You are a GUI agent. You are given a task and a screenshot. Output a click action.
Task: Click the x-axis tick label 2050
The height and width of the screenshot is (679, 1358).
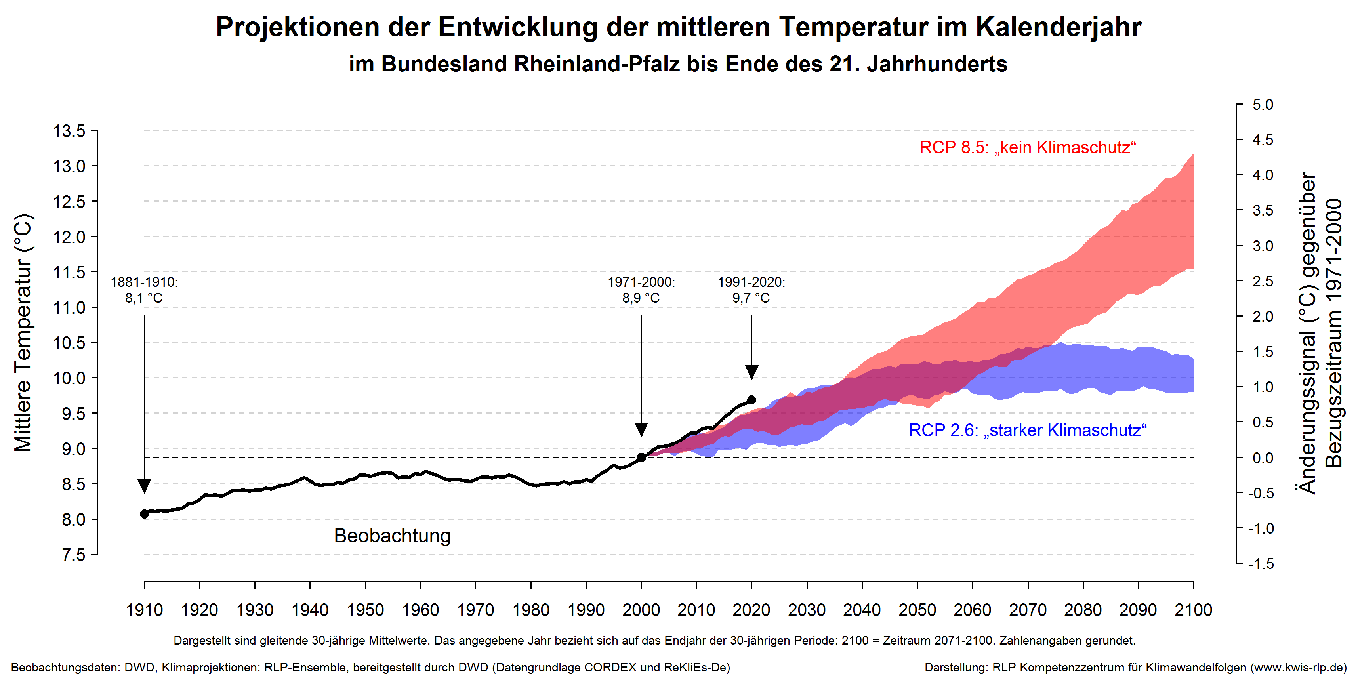917,610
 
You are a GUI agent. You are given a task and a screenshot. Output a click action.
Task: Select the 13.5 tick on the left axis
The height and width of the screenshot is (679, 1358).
69,131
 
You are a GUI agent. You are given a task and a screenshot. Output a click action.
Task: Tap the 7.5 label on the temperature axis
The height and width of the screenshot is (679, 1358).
73,555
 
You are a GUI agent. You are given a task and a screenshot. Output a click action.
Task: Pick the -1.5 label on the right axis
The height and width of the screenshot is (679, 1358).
1261,564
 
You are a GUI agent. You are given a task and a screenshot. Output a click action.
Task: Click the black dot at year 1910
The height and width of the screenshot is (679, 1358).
145,513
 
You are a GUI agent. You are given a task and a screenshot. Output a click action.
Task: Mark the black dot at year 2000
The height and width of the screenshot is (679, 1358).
642,457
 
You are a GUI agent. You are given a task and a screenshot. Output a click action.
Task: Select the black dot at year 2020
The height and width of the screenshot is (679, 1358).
752,400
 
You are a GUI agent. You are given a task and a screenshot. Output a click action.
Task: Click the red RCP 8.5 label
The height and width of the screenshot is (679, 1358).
1028,148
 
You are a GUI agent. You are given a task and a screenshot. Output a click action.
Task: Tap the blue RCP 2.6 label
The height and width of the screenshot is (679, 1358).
1028,430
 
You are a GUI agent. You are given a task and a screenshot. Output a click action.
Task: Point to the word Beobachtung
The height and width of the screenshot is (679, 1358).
392,536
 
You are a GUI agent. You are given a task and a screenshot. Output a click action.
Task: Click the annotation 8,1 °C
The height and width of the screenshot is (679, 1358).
144,298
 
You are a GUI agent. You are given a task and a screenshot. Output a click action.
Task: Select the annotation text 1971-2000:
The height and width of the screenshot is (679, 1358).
641,282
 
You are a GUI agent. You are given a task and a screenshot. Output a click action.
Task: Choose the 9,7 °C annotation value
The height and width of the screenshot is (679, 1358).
751,298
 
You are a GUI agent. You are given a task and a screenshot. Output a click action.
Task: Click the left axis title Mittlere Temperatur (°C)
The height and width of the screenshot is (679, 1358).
23,332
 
